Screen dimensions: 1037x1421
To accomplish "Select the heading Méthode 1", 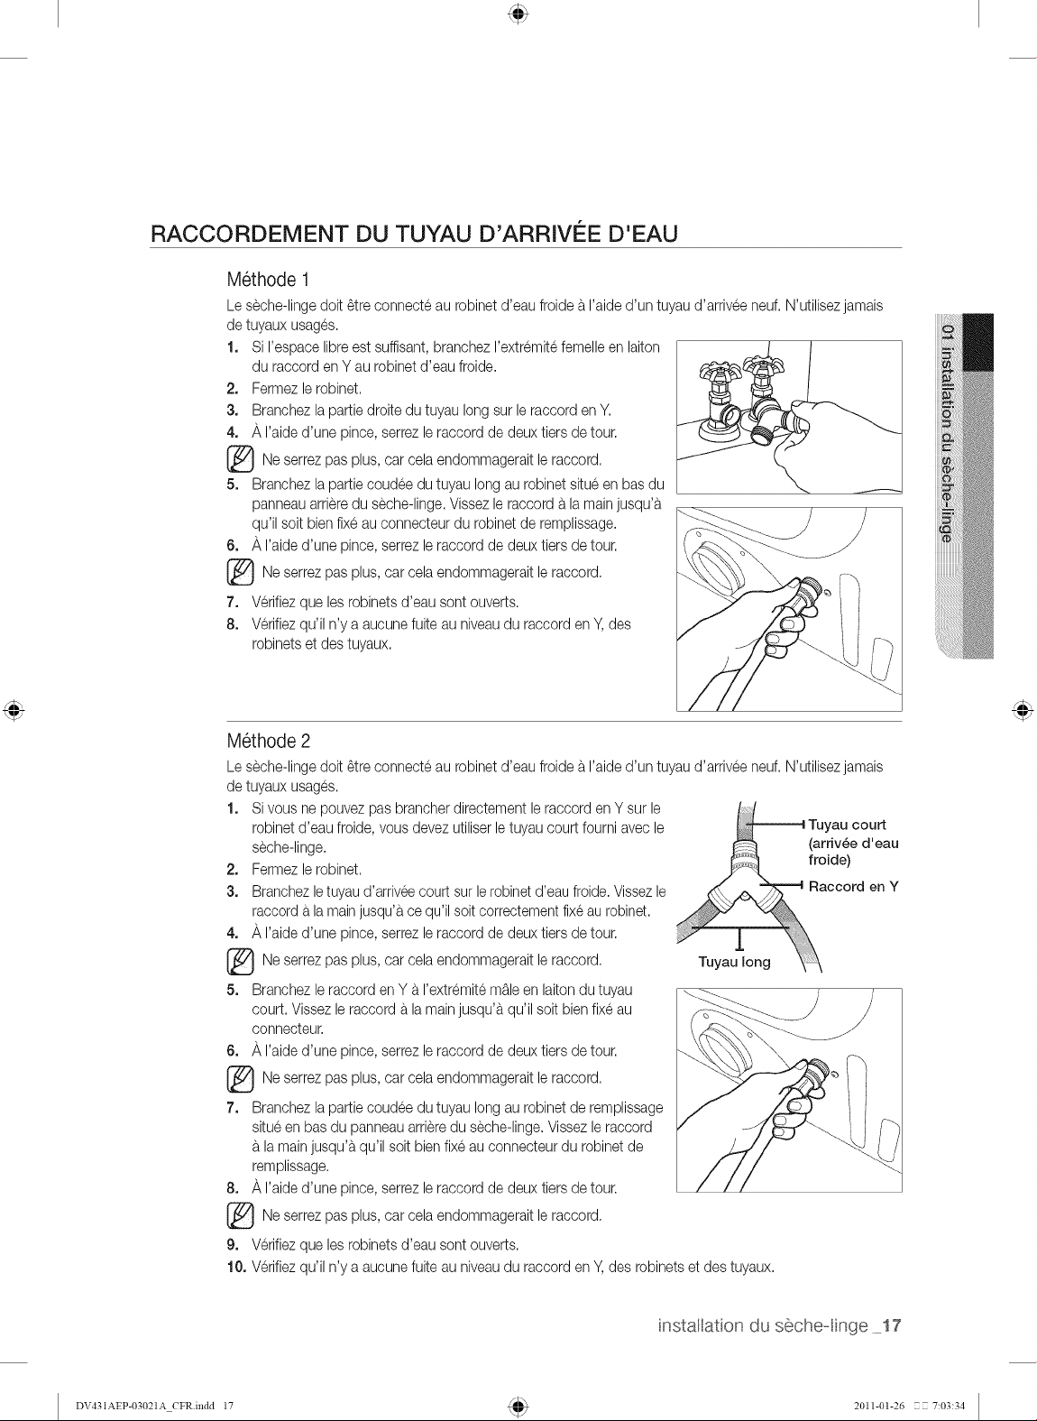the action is tap(268, 280).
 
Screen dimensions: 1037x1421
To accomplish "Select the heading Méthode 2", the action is tap(269, 741).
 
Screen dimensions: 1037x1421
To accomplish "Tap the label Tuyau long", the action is tap(734, 962).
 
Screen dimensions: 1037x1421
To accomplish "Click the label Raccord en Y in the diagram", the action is tap(853, 886).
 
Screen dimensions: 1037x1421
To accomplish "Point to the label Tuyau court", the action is tap(847, 825).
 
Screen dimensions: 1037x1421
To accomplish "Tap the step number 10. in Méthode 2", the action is tap(235, 1268).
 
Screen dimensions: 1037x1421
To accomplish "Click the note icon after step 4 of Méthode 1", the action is tap(240, 459).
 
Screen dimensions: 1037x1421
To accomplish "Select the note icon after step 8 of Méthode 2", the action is tap(240, 1215).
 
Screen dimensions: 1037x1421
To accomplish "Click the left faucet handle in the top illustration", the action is tap(716, 371).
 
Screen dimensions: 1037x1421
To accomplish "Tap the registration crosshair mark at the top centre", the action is tap(518, 14).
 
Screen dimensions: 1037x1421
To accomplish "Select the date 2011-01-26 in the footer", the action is tap(878, 1405).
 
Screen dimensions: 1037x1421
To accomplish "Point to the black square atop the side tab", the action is tap(977, 342).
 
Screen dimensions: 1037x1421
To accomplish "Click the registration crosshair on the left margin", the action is tap(14, 711).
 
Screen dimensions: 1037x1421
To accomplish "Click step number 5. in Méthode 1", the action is tap(233, 484).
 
